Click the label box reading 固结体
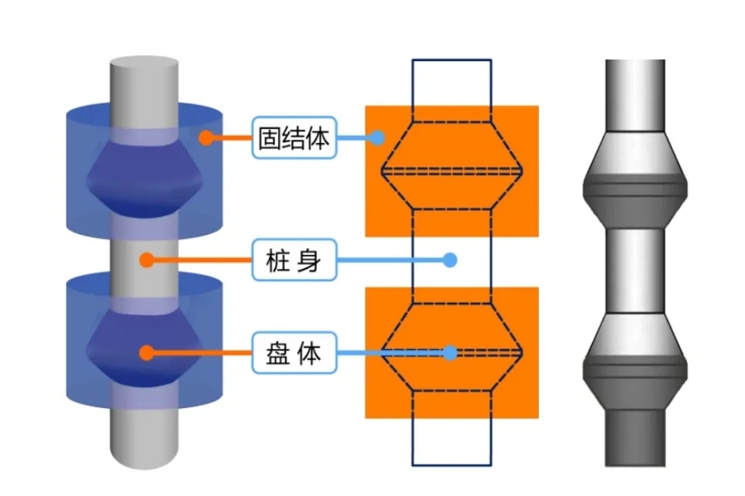pyautogui.click(x=294, y=138)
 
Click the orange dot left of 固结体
pyautogui.click(x=205, y=138)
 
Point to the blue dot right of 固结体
pyautogui.click(x=377, y=138)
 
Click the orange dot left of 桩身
pyautogui.click(x=146, y=260)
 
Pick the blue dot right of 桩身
pyautogui.click(x=451, y=260)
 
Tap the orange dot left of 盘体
pyautogui.click(x=146, y=353)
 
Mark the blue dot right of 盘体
pyautogui.click(x=451, y=353)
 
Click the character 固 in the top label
pyautogui.click(x=269, y=139)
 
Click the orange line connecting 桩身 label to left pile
pyautogui.click(x=201, y=260)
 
